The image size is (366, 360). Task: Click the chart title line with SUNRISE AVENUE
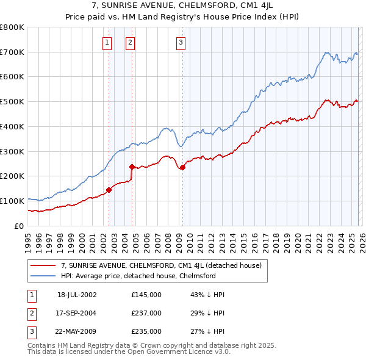182,6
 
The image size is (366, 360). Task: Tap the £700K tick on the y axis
12,52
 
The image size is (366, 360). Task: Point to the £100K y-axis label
12,201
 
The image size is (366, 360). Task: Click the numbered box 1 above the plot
107,42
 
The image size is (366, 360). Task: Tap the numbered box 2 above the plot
131,42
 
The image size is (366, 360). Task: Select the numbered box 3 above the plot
181,42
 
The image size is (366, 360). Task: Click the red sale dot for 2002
109,190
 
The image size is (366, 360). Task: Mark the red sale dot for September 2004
132,167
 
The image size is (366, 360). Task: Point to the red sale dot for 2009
182,167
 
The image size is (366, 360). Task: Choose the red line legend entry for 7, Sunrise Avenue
161,265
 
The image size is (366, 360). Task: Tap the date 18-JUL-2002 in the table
77,294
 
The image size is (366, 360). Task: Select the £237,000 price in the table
146,313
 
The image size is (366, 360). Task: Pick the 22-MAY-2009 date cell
77,332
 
